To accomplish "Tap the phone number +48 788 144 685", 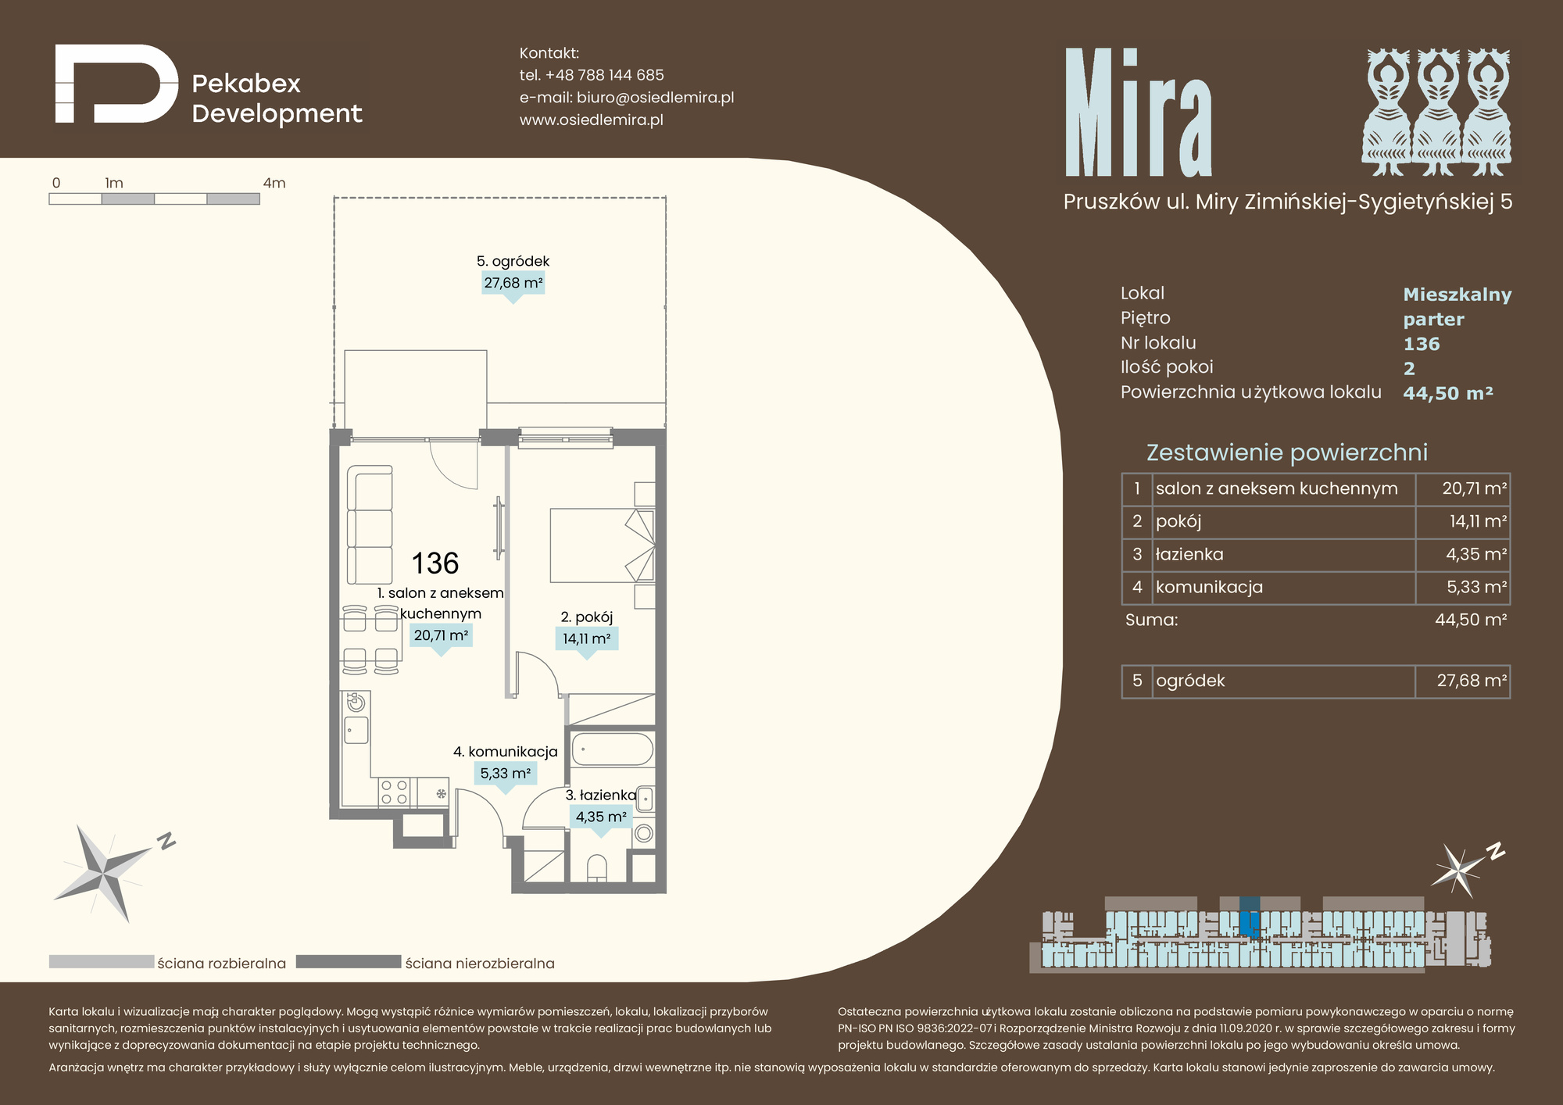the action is pyautogui.click(x=604, y=75).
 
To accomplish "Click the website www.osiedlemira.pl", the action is pyautogui.click(x=592, y=120).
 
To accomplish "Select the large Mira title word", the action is pyautogui.click(x=1139, y=113).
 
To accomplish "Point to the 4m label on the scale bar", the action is pyautogui.click(x=274, y=183).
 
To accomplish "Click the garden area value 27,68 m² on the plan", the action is pyautogui.click(x=513, y=283).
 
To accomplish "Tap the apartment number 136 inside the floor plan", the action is pyautogui.click(x=435, y=563).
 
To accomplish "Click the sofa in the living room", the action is pyautogui.click(x=370, y=525).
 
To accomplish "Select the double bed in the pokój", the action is pyautogui.click(x=603, y=545).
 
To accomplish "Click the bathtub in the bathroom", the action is pyautogui.click(x=613, y=749).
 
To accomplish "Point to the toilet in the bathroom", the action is pyautogui.click(x=596, y=869).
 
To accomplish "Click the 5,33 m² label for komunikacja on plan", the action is pyautogui.click(x=506, y=774).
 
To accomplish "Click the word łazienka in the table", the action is pyautogui.click(x=1189, y=554).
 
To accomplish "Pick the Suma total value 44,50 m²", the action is pyautogui.click(x=1471, y=620).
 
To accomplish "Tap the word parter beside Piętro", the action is pyautogui.click(x=1433, y=320).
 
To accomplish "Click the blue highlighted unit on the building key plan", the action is pyautogui.click(x=1250, y=917).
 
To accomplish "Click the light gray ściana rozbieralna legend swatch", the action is pyautogui.click(x=102, y=962).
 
